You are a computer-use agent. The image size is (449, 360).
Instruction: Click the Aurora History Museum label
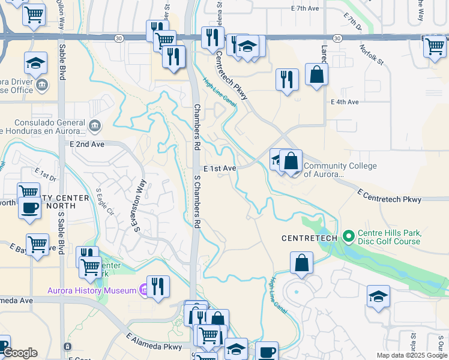click(92, 290)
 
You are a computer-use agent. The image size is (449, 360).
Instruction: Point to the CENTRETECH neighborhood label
click(310, 238)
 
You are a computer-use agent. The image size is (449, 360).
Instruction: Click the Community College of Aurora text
click(340, 170)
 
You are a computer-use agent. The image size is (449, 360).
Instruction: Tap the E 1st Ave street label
click(219, 169)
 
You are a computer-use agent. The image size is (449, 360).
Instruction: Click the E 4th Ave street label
click(345, 102)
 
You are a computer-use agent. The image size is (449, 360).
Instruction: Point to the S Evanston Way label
click(140, 206)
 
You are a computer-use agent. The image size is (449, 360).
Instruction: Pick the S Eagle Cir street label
click(105, 202)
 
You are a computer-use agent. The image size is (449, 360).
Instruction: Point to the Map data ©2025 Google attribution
click(411, 355)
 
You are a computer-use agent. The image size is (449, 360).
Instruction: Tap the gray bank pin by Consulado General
click(95, 125)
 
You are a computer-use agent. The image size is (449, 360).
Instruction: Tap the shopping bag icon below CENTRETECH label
click(301, 263)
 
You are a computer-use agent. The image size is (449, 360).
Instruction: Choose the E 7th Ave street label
click(303, 8)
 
